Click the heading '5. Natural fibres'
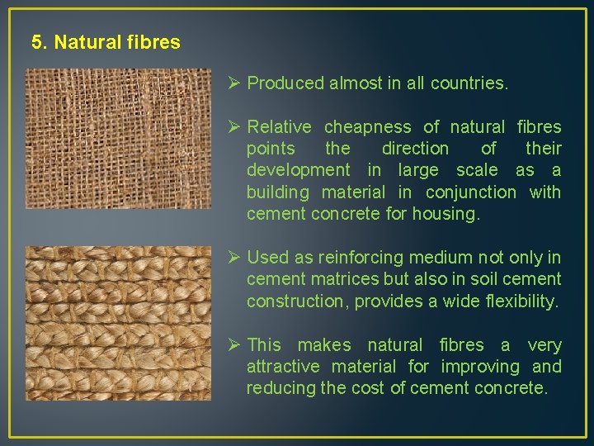(106, 42)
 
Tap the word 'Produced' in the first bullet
(285, 83)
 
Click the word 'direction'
(415, 149)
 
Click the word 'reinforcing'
(365, 258)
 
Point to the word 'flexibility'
(517, 301)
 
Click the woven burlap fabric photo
(118, 139)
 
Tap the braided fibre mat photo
(118, 322)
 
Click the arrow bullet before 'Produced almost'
(233, 83)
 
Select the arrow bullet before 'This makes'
(233, 345)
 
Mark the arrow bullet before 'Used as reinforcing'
(233, 258)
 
